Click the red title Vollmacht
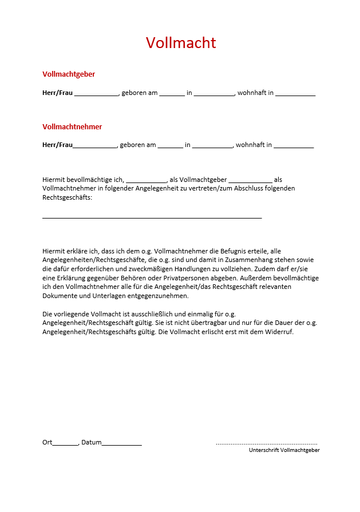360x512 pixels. coord(181,43)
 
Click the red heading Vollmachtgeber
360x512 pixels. coord(69,74)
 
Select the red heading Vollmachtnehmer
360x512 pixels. coord(72,126)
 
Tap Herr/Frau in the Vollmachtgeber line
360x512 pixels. coord(57,93)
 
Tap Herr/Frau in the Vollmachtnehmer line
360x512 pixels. coord(57,145)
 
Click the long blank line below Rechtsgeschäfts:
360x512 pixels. coord(152,217)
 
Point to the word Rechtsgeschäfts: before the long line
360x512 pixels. coord(67,197)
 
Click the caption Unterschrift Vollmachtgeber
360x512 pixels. coord(284,450)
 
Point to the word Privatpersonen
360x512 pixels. coord(193,278)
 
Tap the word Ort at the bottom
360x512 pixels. coord(47,442)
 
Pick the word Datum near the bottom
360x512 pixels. coord(91,442)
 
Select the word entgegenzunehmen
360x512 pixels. coord(155,296)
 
